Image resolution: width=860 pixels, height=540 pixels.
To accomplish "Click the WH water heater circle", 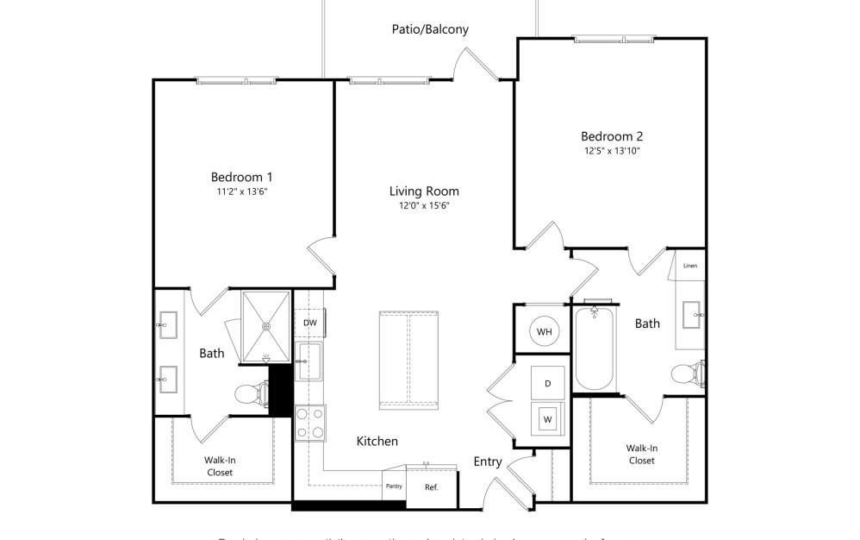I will tap(544, 331).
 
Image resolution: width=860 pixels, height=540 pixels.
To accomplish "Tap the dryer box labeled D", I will tap(546, 382).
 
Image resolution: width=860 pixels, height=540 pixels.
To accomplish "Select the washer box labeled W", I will tap(546, 420).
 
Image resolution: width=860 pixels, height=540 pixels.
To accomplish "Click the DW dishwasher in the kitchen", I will tap(309, 323).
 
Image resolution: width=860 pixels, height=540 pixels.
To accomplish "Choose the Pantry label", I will tap(394, 486).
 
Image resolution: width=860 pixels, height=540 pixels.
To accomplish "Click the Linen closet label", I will tap(689, 266).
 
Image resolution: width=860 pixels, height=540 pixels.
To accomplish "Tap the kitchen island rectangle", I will tap(409, 361).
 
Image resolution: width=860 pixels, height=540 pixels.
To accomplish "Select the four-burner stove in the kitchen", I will tap(309, 423).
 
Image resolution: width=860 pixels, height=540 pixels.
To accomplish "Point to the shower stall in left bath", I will tap(266, 326).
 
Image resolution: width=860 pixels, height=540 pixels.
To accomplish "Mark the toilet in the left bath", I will tap(250, 394).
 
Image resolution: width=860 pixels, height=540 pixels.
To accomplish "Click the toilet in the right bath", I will tap(687, 374).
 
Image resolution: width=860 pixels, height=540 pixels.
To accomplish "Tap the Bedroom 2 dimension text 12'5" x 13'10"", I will tap(611, 151).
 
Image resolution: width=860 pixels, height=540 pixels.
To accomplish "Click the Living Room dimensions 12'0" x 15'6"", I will tap(423, 206).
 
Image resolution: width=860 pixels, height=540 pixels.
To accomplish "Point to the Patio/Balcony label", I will tap(428, 29).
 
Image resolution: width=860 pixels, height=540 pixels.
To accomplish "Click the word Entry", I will tap(488, 462).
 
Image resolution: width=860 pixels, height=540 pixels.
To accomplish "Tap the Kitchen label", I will tap(377, 442).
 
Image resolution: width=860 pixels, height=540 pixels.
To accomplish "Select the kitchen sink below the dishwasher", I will tap(308, 361).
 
